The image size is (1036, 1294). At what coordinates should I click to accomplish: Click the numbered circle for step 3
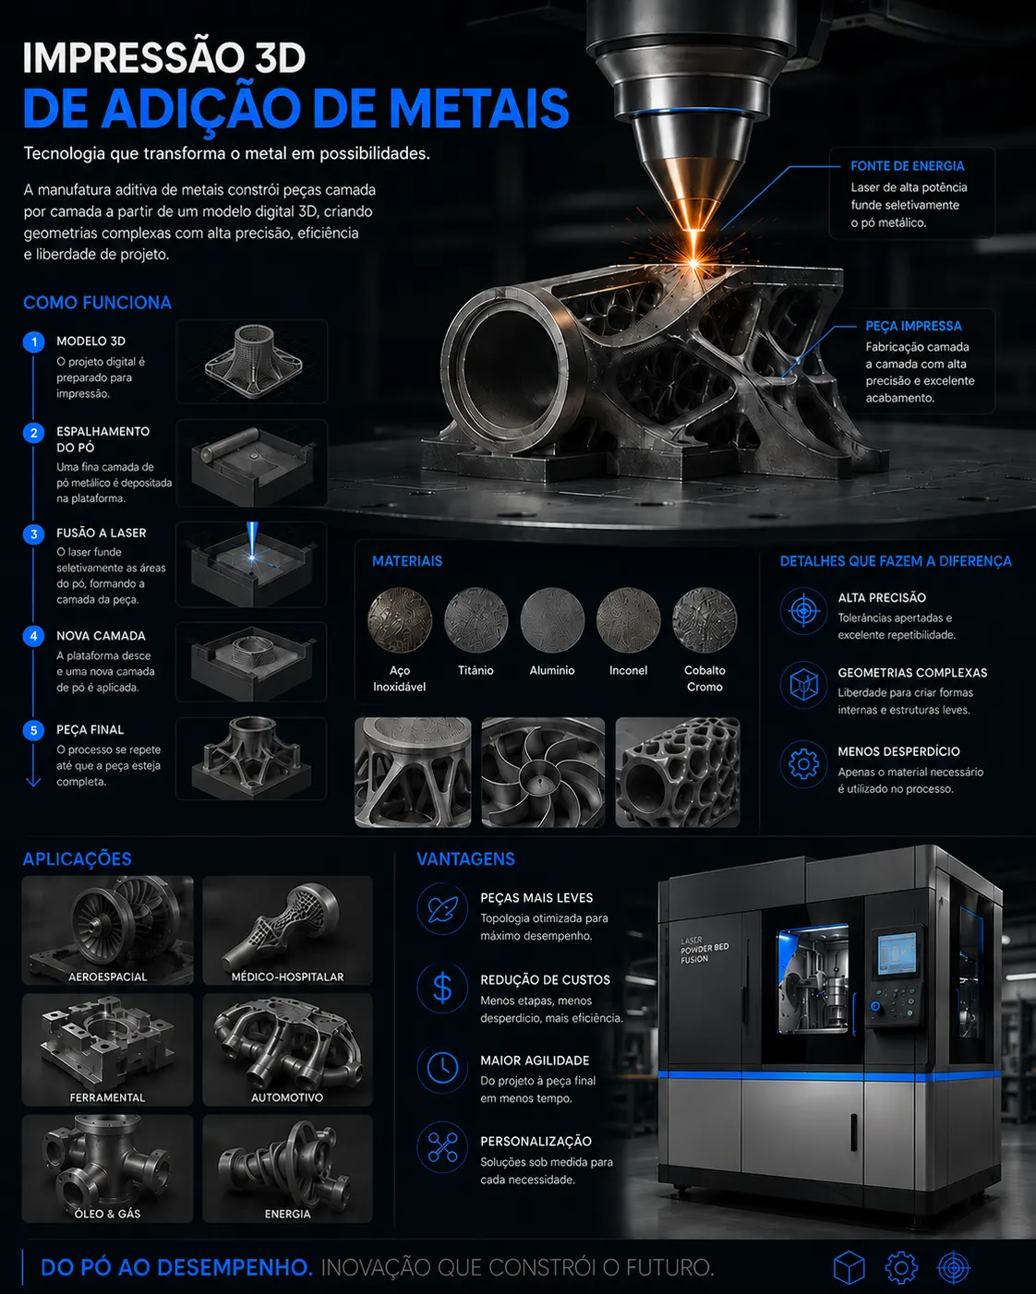[x=33, y=534]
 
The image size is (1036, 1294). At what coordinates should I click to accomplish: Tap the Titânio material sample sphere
[x=476, y=620]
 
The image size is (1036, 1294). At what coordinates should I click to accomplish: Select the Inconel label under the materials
[x=628, y=670]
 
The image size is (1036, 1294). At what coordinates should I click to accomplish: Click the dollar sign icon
[x=442, y=988]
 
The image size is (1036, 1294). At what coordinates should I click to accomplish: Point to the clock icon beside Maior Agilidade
[x=442, y=1069]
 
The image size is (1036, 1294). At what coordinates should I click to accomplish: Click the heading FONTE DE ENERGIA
[x=908, y=166]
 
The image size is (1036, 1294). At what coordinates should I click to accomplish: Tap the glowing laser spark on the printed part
[x=694, y=263]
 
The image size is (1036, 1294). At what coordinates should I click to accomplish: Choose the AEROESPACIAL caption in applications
[x=108, y=976]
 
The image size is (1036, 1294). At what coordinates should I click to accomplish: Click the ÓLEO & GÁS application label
[x=108, y=1214]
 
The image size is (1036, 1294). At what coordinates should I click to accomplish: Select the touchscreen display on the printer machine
[x=897, y=953]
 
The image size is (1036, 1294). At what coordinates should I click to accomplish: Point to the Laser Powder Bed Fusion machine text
[x=704, y=950]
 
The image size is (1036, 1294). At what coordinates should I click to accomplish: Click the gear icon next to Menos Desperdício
[x=803, y=763]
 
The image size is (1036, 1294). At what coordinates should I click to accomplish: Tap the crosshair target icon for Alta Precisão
[x=803, y=611]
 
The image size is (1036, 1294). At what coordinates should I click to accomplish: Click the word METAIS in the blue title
[x=479, y=109]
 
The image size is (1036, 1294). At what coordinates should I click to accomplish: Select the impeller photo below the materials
[x=543, y=773]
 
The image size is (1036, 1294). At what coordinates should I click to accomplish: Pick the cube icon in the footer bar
[x=849, y=1266]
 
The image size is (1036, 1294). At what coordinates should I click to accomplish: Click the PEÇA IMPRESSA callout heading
[x=913, y=326]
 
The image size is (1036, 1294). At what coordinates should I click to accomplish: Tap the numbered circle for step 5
[x=33, y=731]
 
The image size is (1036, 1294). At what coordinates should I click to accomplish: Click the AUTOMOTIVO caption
[x=287, y=1097]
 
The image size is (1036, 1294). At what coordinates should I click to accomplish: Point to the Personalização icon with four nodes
[x=442, y=1147]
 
